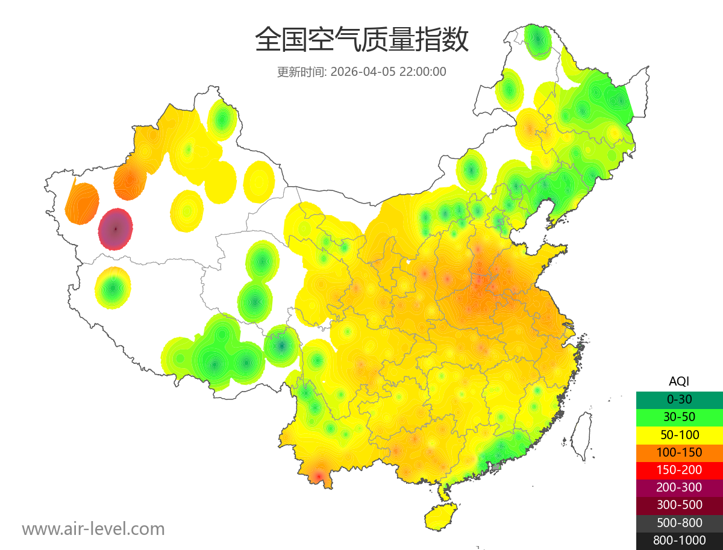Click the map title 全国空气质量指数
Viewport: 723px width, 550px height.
click(x=361, y=40)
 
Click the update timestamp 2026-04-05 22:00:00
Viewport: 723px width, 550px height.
click(x=389, y=72)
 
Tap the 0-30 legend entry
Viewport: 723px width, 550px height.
click(x=679, y=399)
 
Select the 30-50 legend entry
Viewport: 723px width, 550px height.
click(x=679, y=417)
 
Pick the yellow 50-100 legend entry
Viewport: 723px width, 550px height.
click(x=679, y=434)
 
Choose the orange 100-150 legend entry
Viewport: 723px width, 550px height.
click(x=679, y=452)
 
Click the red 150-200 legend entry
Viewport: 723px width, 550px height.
click(x=679, y=470)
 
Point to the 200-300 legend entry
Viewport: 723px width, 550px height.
click(x=679, y=487)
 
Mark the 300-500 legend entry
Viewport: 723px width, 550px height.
click(x=679, y=505)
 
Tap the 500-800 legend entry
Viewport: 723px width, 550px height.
click(x=679, y=523)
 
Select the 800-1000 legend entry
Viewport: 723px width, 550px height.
click(x=679, y=540)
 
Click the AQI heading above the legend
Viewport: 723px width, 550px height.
click(x=679, y=381)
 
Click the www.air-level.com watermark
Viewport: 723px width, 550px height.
click(x=93, y=529)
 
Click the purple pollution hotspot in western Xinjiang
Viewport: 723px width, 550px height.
click(x=115, y=229)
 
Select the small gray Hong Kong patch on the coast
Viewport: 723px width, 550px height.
click(x=496, y=466)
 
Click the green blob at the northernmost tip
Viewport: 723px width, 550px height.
click(x=537, y=40)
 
